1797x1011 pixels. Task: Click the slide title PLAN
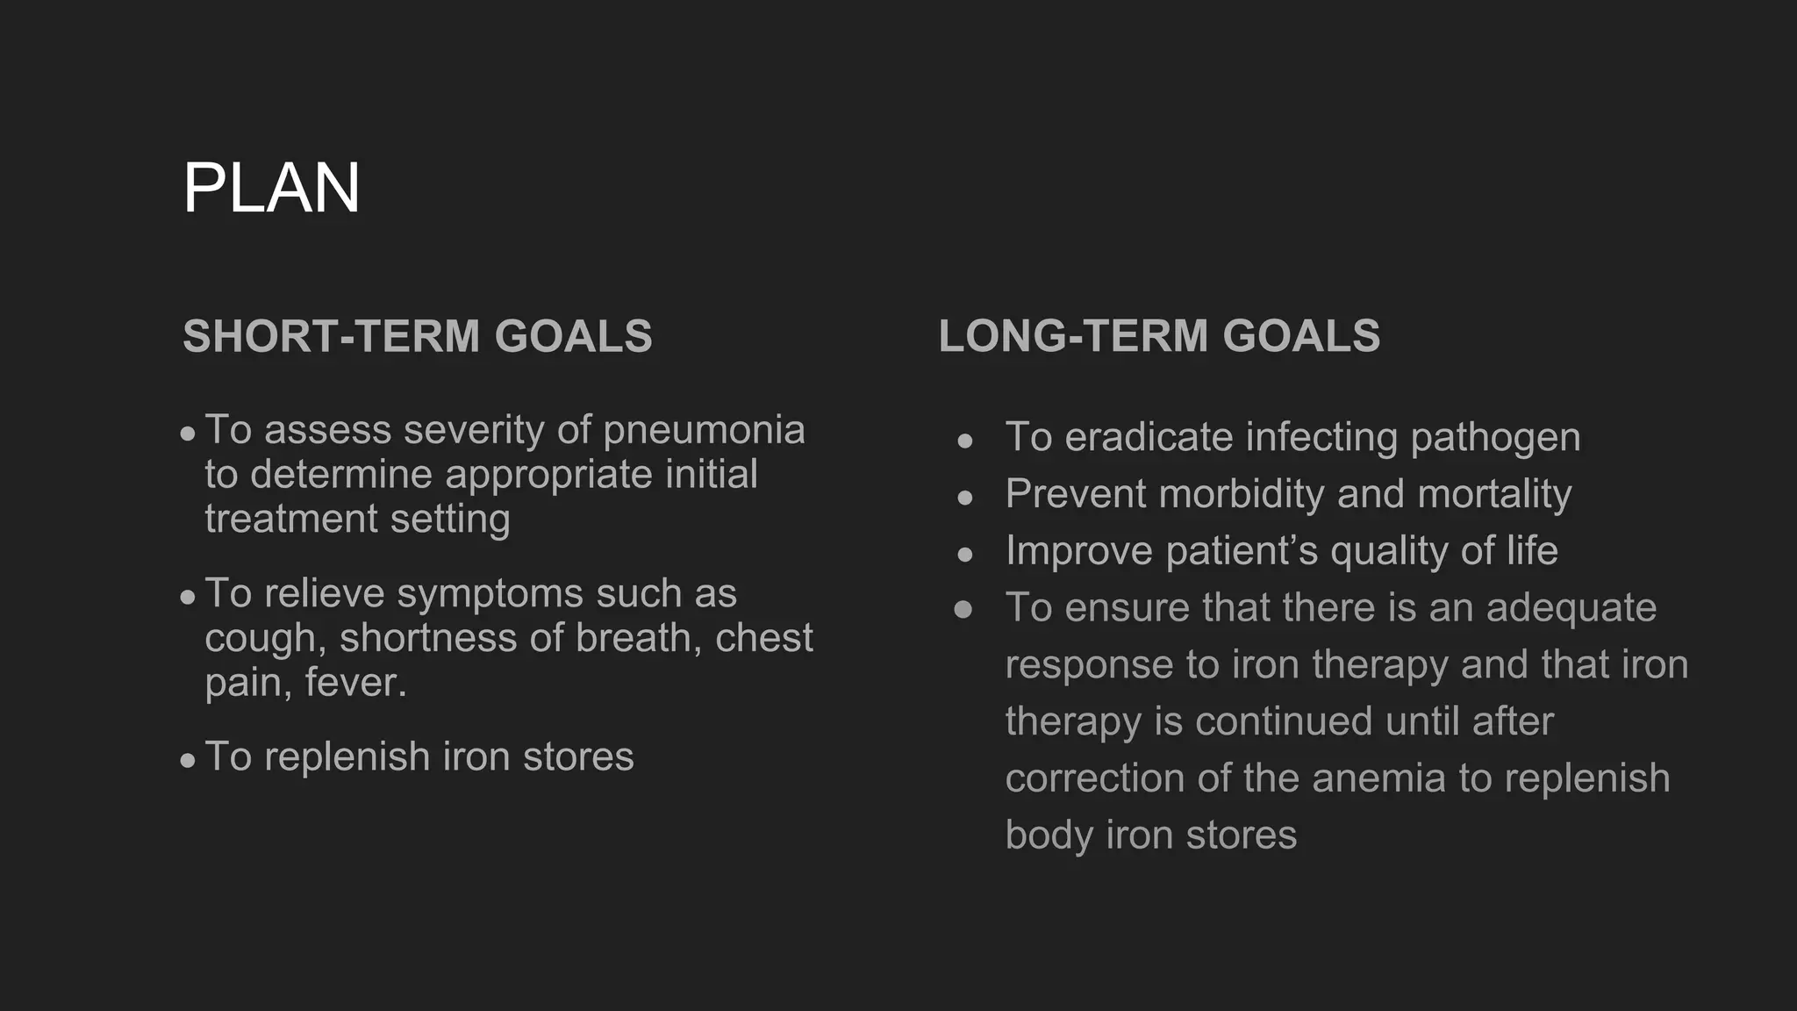point(271,188)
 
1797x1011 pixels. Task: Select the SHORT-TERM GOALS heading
point(417,336)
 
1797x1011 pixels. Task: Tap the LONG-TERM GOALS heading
point(1159,336)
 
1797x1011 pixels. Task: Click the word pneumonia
point(704,430)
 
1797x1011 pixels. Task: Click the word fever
point(354,683)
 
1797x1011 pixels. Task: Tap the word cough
point(260,639)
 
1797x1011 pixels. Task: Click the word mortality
point(1494,494)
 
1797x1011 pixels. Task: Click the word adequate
point(1571,607)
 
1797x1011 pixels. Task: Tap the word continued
point(1284,721)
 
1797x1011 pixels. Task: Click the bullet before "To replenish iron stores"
point(188,760)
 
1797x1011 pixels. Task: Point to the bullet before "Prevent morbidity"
point(965,498)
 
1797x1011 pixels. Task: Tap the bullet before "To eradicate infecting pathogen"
point(965,441)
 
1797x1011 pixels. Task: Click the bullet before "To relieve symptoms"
point(188,597)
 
